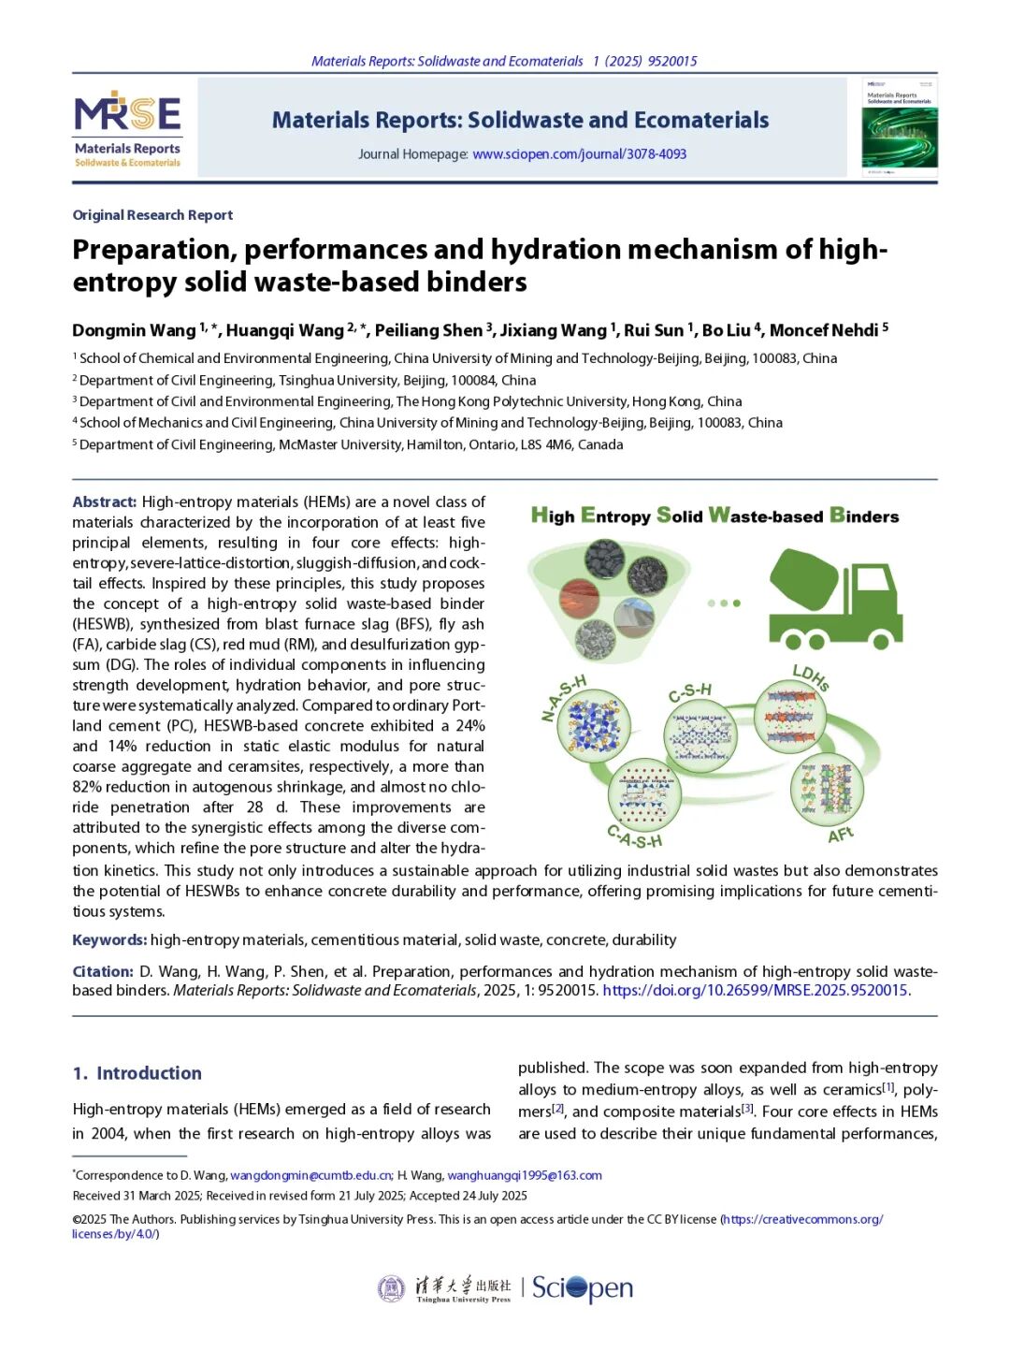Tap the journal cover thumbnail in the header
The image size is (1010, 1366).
[899, 127]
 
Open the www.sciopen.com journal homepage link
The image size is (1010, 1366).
[579, 154]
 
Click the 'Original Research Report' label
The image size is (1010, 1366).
[152, 215]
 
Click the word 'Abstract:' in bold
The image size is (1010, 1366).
[105, 502]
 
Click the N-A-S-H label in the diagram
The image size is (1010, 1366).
[564, 697]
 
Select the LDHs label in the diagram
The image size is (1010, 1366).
[810, 676]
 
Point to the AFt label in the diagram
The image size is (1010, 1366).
[840, 835]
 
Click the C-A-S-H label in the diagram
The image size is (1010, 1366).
[634, 836]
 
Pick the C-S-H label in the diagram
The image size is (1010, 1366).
[690, 692]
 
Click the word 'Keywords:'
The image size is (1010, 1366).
[109, 940]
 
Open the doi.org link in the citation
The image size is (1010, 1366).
[755, 991]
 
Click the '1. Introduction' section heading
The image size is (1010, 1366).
[137, 1073]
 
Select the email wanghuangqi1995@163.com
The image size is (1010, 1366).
[525, 1176]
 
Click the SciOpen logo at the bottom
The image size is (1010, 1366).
[583, 1289]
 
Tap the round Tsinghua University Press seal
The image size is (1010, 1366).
[391, 1288]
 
